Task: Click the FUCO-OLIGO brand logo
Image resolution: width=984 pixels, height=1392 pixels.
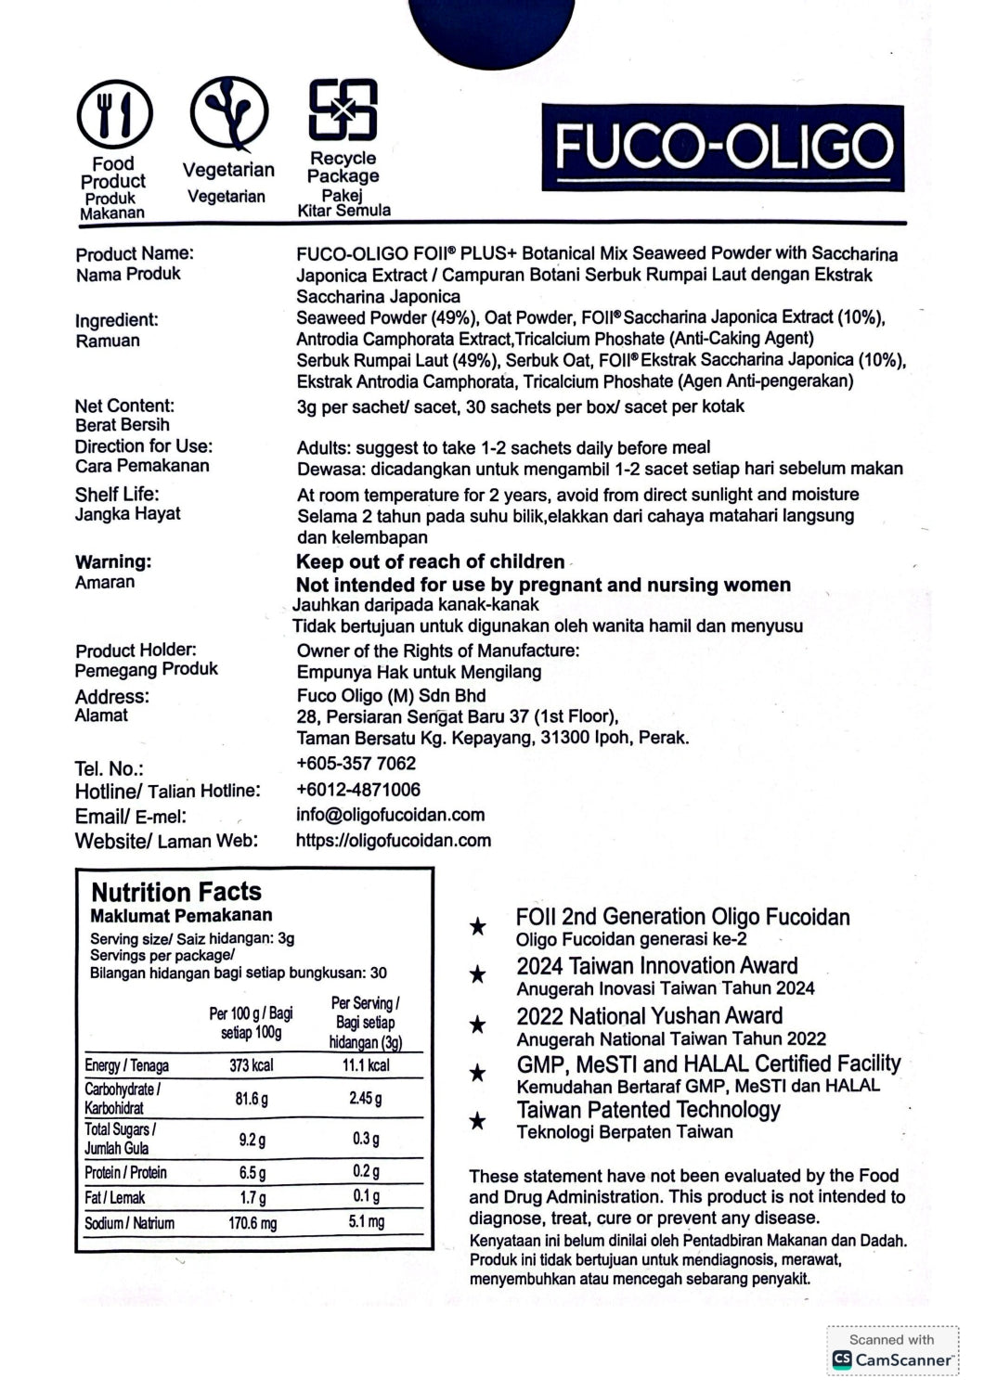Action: tap(723, 148)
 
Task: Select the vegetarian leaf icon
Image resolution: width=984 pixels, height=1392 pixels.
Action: tap(228, 114)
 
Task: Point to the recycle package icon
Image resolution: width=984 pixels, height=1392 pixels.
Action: tap(343, 110)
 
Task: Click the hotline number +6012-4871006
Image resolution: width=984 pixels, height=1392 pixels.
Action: tap(358, 790)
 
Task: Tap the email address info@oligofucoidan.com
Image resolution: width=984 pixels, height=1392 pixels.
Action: tap(391, 815)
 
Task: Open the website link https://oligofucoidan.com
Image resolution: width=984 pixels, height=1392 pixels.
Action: tap(394, 840)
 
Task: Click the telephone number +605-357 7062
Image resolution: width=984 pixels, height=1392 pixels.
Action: tap(356, 764)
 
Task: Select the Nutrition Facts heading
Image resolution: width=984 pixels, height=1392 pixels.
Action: tap(176, 892)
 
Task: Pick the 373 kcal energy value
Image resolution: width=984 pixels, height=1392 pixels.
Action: tap(252, 1065)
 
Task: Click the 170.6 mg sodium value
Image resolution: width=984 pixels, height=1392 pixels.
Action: tap(252, 1223)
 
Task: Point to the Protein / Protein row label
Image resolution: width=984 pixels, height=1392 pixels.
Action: tap(126, 1173)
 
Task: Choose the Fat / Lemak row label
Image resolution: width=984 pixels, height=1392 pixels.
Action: tap(115, 1198)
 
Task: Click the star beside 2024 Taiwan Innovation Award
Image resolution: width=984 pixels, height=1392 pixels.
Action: tap(477, 974)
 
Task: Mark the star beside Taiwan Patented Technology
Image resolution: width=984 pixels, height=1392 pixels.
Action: tap(477, 1121)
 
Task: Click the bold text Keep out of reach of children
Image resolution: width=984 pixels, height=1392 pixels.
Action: tap(430, 561)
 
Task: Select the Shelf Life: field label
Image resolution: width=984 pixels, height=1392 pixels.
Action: tap(117, 494)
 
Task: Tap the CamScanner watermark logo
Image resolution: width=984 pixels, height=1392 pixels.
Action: tap(893, 1360)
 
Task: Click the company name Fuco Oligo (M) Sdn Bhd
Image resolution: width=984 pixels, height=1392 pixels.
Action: tap(391, 695)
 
